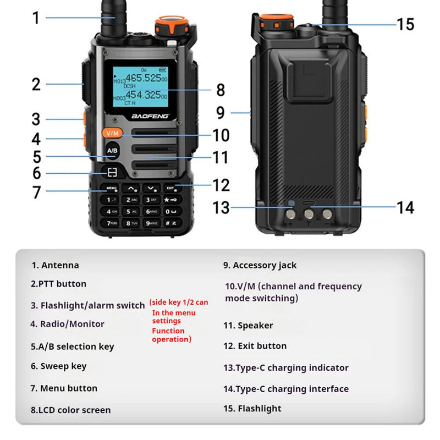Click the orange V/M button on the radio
[x=112, y=133]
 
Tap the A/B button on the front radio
[x=112, y=150]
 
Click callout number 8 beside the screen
[x=221, y=90]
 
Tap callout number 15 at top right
[x=405, y=24]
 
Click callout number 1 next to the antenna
[x=36, y=18]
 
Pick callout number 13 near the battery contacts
[x=221, y=208]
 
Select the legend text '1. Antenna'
[x=55, y=265]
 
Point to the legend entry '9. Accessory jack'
[x=260, y=265]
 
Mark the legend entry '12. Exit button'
[x=255, y=346]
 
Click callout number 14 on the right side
[x=405, y=207]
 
